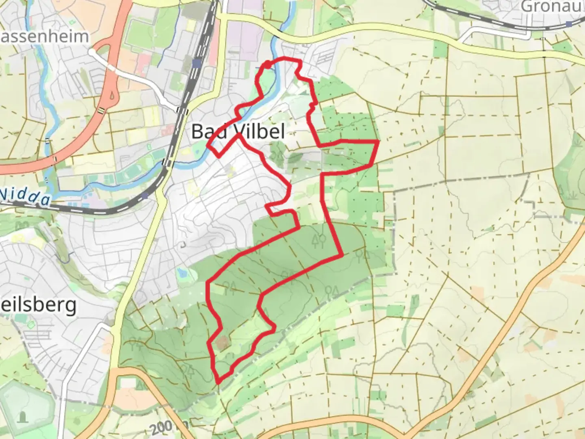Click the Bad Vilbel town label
tap(238, 132)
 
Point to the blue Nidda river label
tap(25, 196)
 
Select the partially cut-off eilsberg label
tap(38, 305)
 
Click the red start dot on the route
tap(267, 65)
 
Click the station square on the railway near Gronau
tap(569, 24)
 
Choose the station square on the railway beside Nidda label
tap(145, 196)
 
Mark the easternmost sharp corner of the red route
tap(378, 141)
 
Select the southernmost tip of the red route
tap(219, 382)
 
